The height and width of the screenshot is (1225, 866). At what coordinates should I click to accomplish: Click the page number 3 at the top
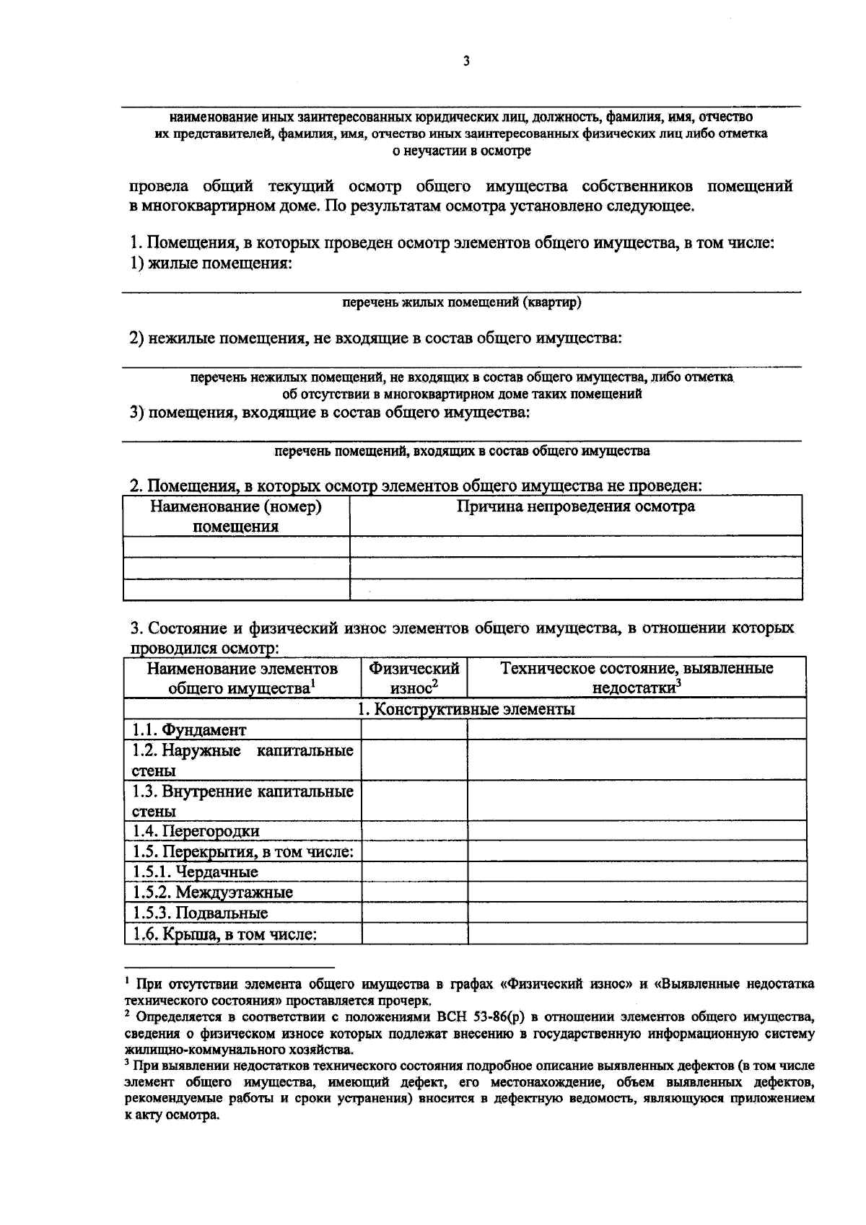[466, 61]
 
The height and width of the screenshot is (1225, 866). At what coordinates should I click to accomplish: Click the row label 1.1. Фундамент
[189, 729]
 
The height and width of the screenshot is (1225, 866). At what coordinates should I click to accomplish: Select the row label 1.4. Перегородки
[196, 831]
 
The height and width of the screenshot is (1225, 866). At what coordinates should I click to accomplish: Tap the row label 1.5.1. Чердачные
[195, 871]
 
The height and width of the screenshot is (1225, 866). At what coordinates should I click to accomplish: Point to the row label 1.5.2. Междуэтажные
[212, 892]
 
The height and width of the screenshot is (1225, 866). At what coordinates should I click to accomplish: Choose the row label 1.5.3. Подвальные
[200, 913]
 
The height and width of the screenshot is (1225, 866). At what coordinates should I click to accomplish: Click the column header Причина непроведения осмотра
[575, 506]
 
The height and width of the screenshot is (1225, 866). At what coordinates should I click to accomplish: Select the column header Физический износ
[414, 677]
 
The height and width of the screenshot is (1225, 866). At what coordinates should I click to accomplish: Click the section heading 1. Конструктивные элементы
[466, 708]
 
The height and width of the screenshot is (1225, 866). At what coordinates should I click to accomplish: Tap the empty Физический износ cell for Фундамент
[414, 729]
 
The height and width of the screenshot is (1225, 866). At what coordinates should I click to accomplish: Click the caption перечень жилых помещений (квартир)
[461, 302]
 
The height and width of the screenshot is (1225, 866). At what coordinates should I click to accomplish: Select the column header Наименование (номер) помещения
[236, 516]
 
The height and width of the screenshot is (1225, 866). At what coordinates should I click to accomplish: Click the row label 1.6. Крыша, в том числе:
[224, 934]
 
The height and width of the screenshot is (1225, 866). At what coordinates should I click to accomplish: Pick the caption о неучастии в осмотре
[461, 151]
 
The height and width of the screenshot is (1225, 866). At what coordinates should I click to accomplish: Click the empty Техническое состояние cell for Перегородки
[637, 831]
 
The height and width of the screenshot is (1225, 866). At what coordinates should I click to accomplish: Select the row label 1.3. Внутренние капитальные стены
[242, 801]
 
